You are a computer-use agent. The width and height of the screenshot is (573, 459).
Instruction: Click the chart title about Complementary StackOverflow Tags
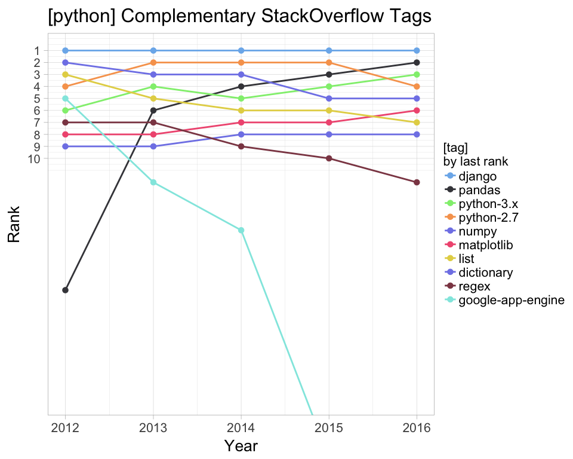[239, 17]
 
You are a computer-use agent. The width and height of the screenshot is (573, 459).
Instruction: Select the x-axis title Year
[241, 445]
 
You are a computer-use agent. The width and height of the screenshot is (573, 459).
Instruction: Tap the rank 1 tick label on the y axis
[36, 51]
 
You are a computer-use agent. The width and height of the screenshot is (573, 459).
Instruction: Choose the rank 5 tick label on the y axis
[36, 99]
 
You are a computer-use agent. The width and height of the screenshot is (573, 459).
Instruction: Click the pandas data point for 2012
[66, 290]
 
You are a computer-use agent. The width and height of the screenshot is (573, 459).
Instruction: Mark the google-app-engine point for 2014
[241, 230]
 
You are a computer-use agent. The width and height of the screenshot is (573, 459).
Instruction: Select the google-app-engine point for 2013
[153, 182]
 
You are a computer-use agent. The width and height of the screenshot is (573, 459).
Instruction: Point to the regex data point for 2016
[417, 182]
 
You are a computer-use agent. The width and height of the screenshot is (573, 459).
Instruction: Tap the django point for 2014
[241, 51]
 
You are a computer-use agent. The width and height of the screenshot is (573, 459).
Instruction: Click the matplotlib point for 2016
[417, 111]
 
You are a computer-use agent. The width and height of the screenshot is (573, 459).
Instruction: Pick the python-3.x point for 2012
[66, 111]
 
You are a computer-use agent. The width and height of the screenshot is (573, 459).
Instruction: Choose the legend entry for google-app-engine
[511, 300]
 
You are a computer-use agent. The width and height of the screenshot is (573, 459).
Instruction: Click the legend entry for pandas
[478, 190]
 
